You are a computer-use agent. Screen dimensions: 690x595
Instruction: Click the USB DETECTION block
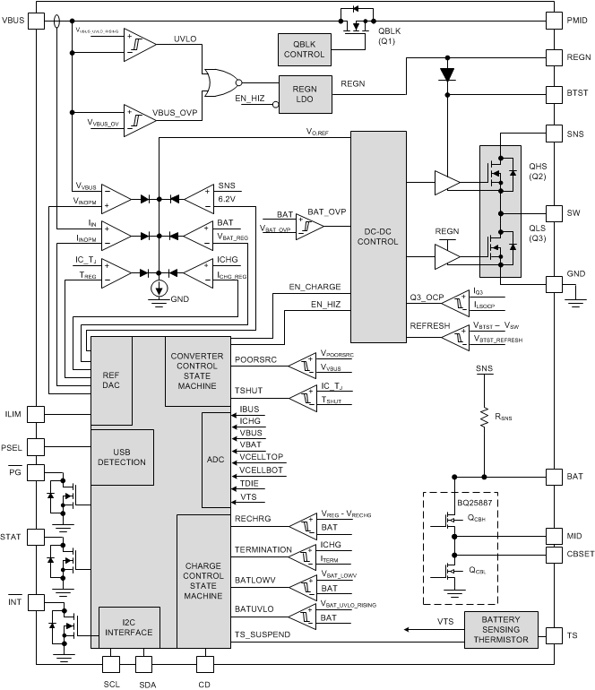[x=121, y=456]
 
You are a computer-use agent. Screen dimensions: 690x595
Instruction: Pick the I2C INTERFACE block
[x=129, y=626]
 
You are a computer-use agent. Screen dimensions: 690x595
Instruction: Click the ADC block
[x=216, y=459]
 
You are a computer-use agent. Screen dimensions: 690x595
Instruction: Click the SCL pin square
[x=112, y=664]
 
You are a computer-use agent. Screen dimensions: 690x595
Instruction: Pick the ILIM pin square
[x=36, y=413]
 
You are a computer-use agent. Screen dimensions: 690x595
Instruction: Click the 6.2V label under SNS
[x=228, y=199]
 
